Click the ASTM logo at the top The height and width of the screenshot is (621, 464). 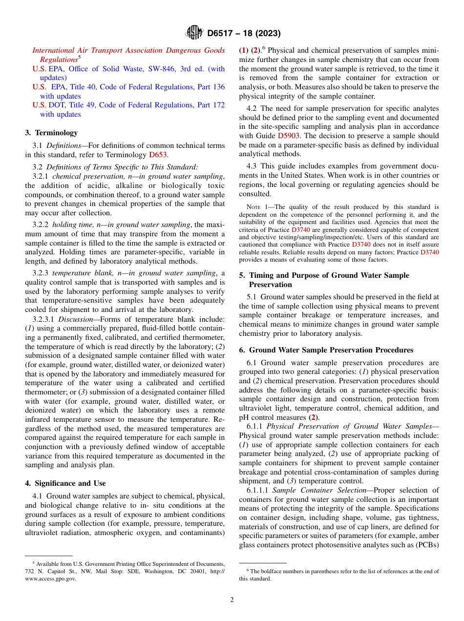(x=194, y=33)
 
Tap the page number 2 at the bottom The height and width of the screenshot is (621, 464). (x=232, y=600)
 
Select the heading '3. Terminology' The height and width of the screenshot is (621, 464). (x=51, y=133)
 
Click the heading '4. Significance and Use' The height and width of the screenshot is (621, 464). (x=65, y=483)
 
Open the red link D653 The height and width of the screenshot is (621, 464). (x=158, y=155)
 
